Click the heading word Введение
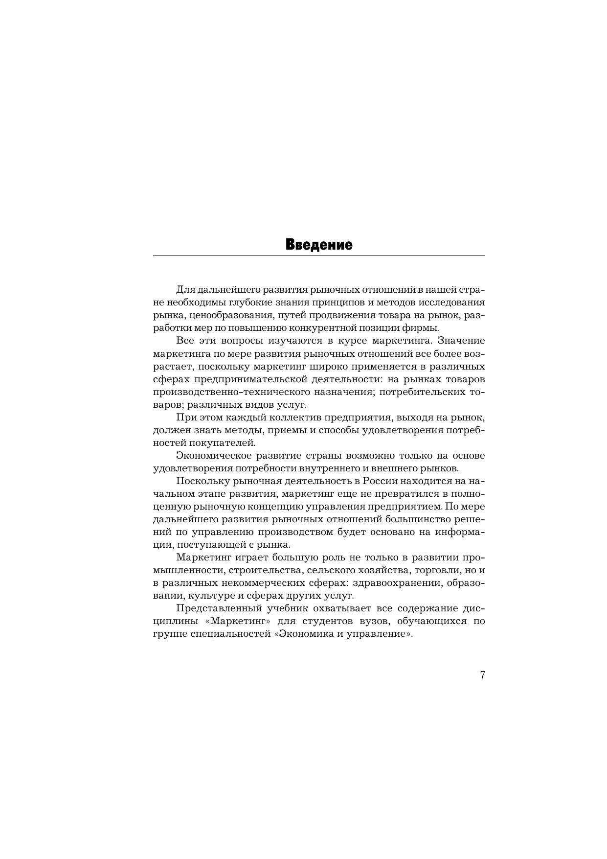[318, 245]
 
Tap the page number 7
[482, 675]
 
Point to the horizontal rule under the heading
[318, 255]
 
